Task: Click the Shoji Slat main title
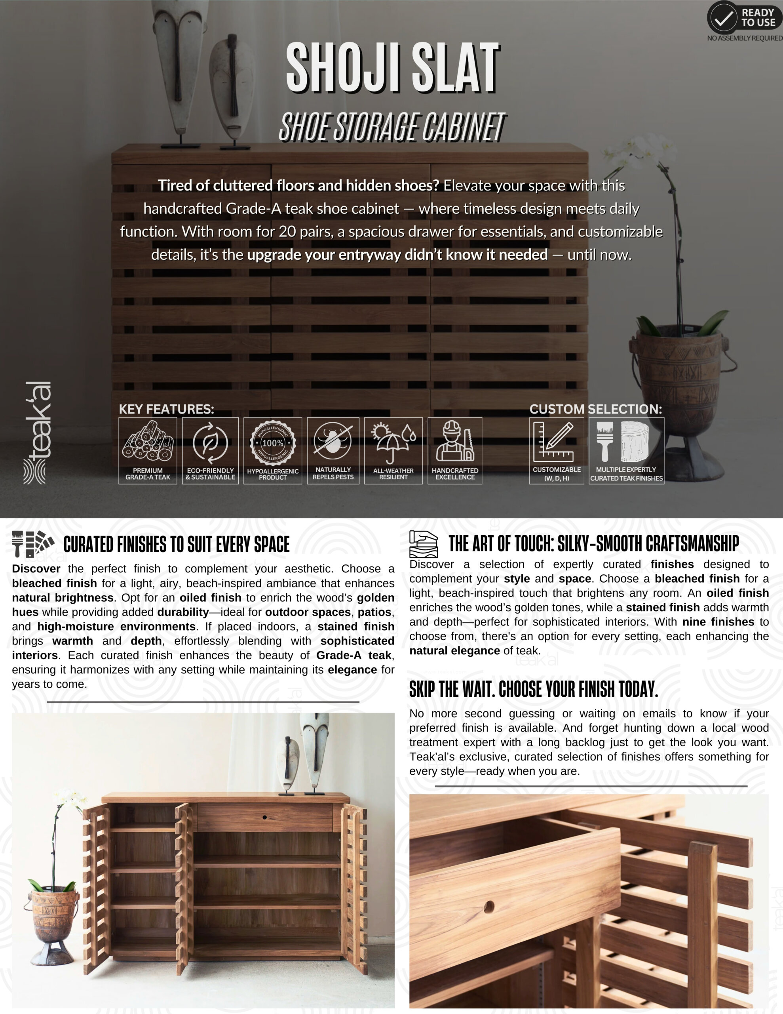(x=392, y=67)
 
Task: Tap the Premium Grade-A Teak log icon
(x=148, y=442)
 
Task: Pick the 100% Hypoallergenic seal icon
(x=272, y=443)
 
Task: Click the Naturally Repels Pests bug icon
(x=333, y=441)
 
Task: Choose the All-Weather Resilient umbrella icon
(x=393, y=442)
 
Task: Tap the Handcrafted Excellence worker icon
(x=455, y=442)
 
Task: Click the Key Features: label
(x=166, y=409)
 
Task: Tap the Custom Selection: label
(x=595, y=409)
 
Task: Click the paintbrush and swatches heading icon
(x=32, y=543)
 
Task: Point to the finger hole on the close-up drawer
(x=489, y=907)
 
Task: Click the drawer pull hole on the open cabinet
(x=264, y=817)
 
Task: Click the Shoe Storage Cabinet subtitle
(x=392, y=127)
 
